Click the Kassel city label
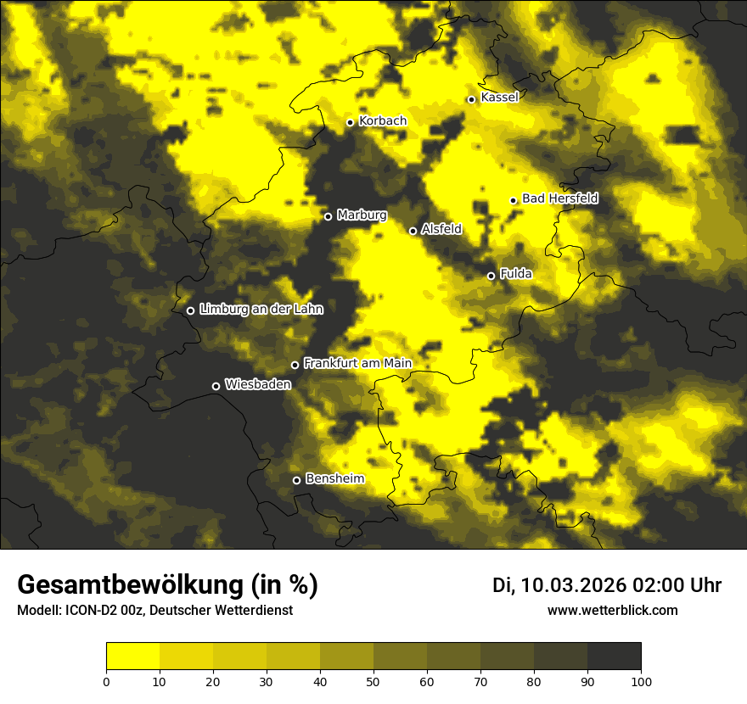click(x=499, y=98)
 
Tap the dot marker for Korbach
click(x=350, y=122)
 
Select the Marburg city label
click(x=362, y=215)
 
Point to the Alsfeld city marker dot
click(x=413, y=231)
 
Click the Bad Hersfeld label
click(x=559, y=198)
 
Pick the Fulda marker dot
click(x=491, y=276)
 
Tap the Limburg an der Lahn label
click(x=261, y=310)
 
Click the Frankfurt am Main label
click(x=357, y=363)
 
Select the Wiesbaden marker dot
click(x=216, y=386)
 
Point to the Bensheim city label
click(x=334, y=478)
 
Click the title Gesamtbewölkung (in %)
click(x=167, y=585)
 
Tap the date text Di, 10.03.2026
click(x=559, y=585)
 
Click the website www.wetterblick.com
click(x=612, y=610)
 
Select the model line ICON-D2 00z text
click(x=99, y=610)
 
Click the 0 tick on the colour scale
click(x=106, y=680)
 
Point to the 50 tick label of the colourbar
click(x=373, y=680)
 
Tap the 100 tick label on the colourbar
click(x=641, y=680)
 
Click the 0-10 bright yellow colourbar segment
click(x=132, y=657)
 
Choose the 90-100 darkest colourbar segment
click(x=614, y=657)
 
